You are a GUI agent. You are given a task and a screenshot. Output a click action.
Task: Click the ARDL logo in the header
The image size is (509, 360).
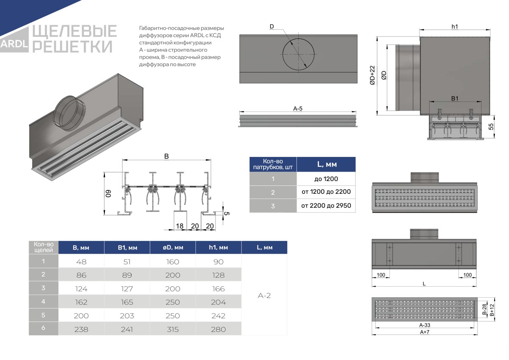(x=14, y=44)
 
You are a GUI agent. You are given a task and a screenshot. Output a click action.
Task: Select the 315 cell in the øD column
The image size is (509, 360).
(x=173, y=329)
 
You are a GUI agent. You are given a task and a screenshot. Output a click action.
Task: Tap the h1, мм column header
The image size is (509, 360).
(x=218, y=247)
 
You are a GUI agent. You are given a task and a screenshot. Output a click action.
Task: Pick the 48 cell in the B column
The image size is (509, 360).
(x=81, y=262)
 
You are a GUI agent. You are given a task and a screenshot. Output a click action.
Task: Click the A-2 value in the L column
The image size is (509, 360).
(x=264, y=296)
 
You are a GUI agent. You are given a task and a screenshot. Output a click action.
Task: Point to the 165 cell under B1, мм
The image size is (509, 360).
(x=127, y=302)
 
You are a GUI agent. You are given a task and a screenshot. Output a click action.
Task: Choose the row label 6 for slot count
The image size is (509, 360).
(x=43, y=328)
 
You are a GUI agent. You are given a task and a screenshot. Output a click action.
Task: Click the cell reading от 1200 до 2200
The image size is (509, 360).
(x=326, y=192)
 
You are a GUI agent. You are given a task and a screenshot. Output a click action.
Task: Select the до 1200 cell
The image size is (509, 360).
(x=326, y=179)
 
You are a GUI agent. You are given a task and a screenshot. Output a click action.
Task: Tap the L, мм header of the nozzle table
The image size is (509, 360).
(x=327, y=164)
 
